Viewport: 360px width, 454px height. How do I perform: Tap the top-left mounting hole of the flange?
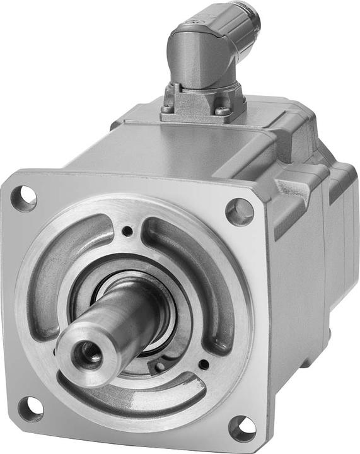(24, 198)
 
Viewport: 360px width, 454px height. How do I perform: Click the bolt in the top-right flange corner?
(240, 211)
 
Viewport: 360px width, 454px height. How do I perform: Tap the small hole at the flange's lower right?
(203, 364)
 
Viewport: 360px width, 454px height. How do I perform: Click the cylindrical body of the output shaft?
(120, 322)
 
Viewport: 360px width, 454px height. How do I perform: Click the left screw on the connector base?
(167, 108)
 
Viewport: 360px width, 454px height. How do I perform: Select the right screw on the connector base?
(222, 111)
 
